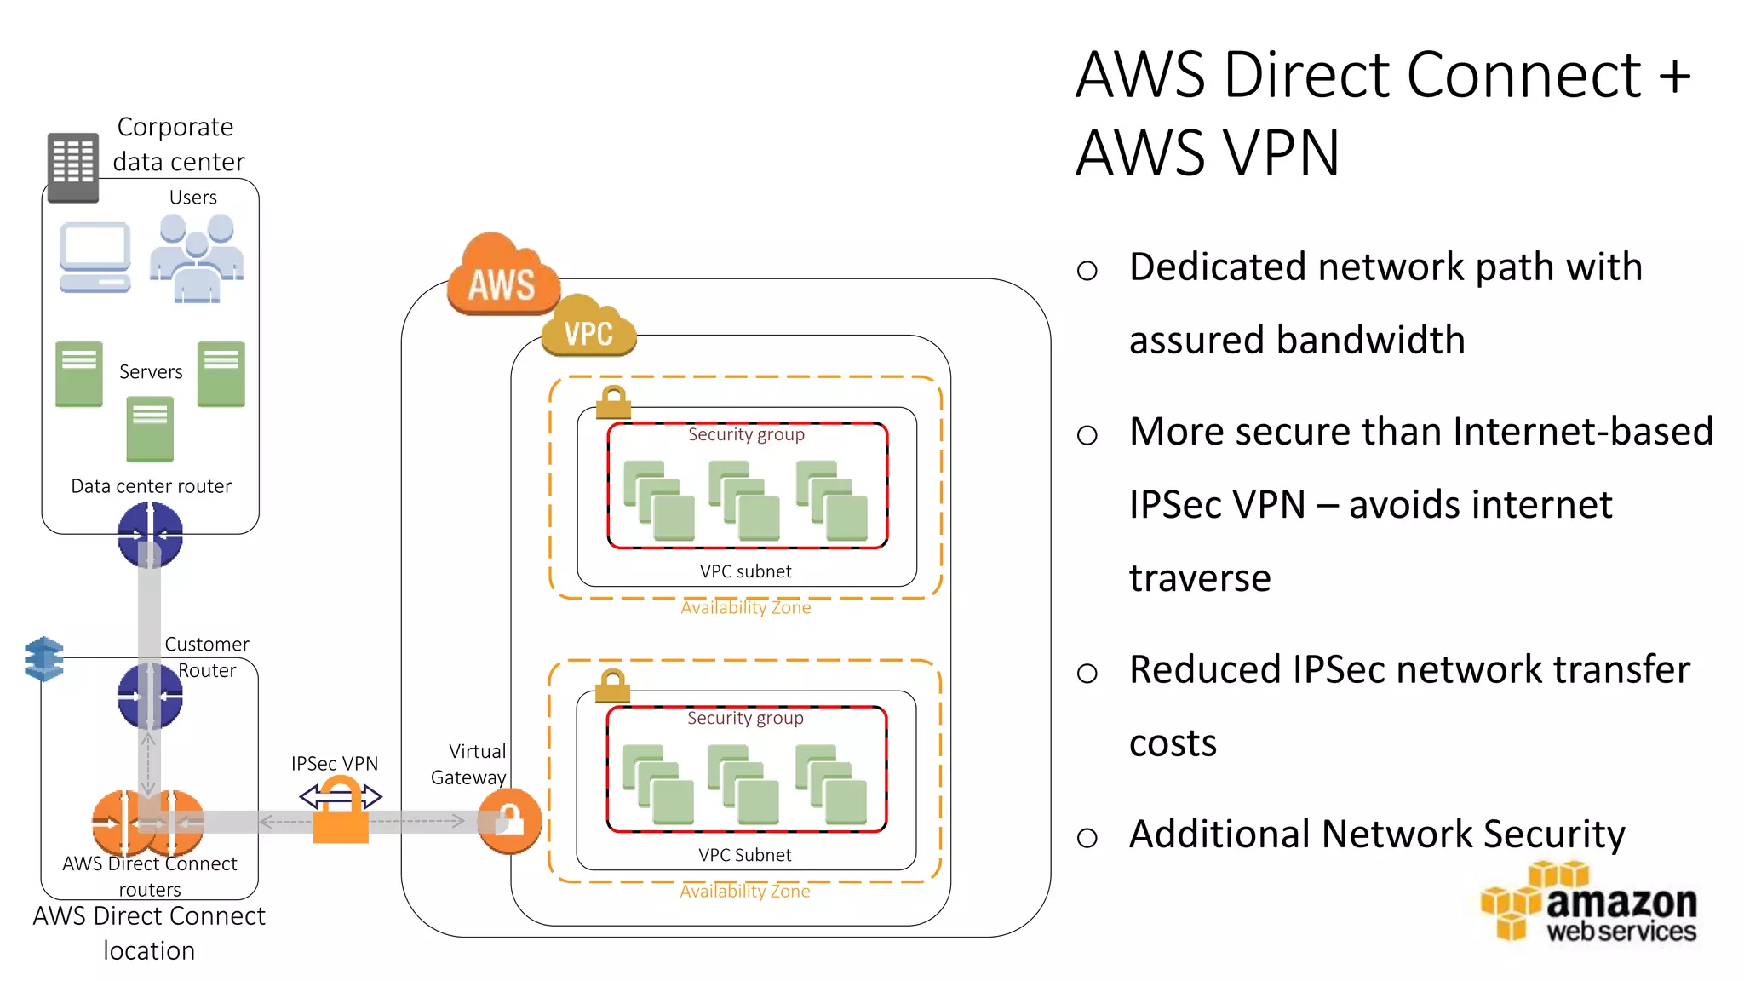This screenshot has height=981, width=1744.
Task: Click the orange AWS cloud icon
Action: point(502,276)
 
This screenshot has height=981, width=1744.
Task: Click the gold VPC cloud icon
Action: point(588,327)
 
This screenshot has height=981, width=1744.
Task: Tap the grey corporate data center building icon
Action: point(73,167)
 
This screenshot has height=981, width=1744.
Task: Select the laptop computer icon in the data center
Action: point(95,257)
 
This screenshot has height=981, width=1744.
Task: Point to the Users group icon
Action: point(198,257)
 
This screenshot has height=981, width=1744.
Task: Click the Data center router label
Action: point(151,486)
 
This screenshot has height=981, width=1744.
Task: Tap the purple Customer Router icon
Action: point(150,696)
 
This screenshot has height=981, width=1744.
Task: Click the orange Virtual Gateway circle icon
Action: point(509,821)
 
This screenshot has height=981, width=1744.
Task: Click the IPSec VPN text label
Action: point(335,763)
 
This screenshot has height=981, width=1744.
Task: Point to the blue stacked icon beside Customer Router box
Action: point(44,659)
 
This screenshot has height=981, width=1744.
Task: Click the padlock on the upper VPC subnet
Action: point(613,402)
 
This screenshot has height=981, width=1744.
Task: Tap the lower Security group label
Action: point(745,718)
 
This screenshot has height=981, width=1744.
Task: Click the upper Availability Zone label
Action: point(745,607)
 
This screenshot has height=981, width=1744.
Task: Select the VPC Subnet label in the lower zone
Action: point(745,855)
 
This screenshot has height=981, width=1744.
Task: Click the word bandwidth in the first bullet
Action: point(1297,340)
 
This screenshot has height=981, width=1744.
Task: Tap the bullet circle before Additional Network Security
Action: point(1087,838)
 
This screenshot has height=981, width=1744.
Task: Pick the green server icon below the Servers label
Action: point(150,429)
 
